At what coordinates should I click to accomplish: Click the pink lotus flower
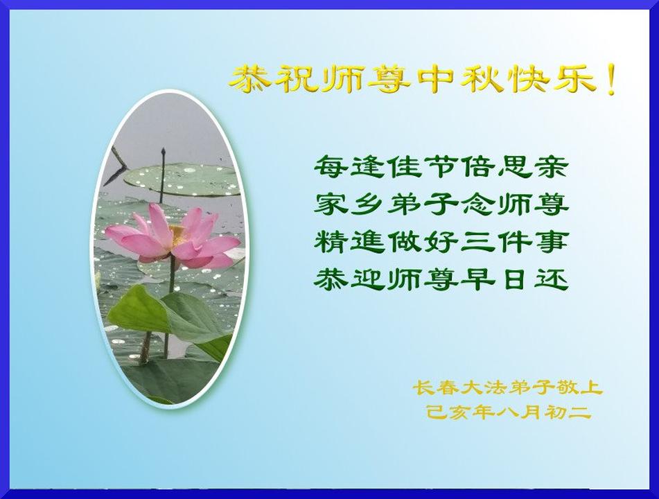(173, 238)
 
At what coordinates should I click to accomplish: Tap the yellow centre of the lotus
(177, 234)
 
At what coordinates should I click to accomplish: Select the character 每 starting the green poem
(331, 166)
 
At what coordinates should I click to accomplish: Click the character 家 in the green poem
(331, 204)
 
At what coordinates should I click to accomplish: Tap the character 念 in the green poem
(479, 204)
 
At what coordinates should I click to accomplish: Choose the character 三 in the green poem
(479, 243)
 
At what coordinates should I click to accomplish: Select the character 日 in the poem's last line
(516, 279)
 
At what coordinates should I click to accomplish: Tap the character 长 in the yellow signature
(423, 387)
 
